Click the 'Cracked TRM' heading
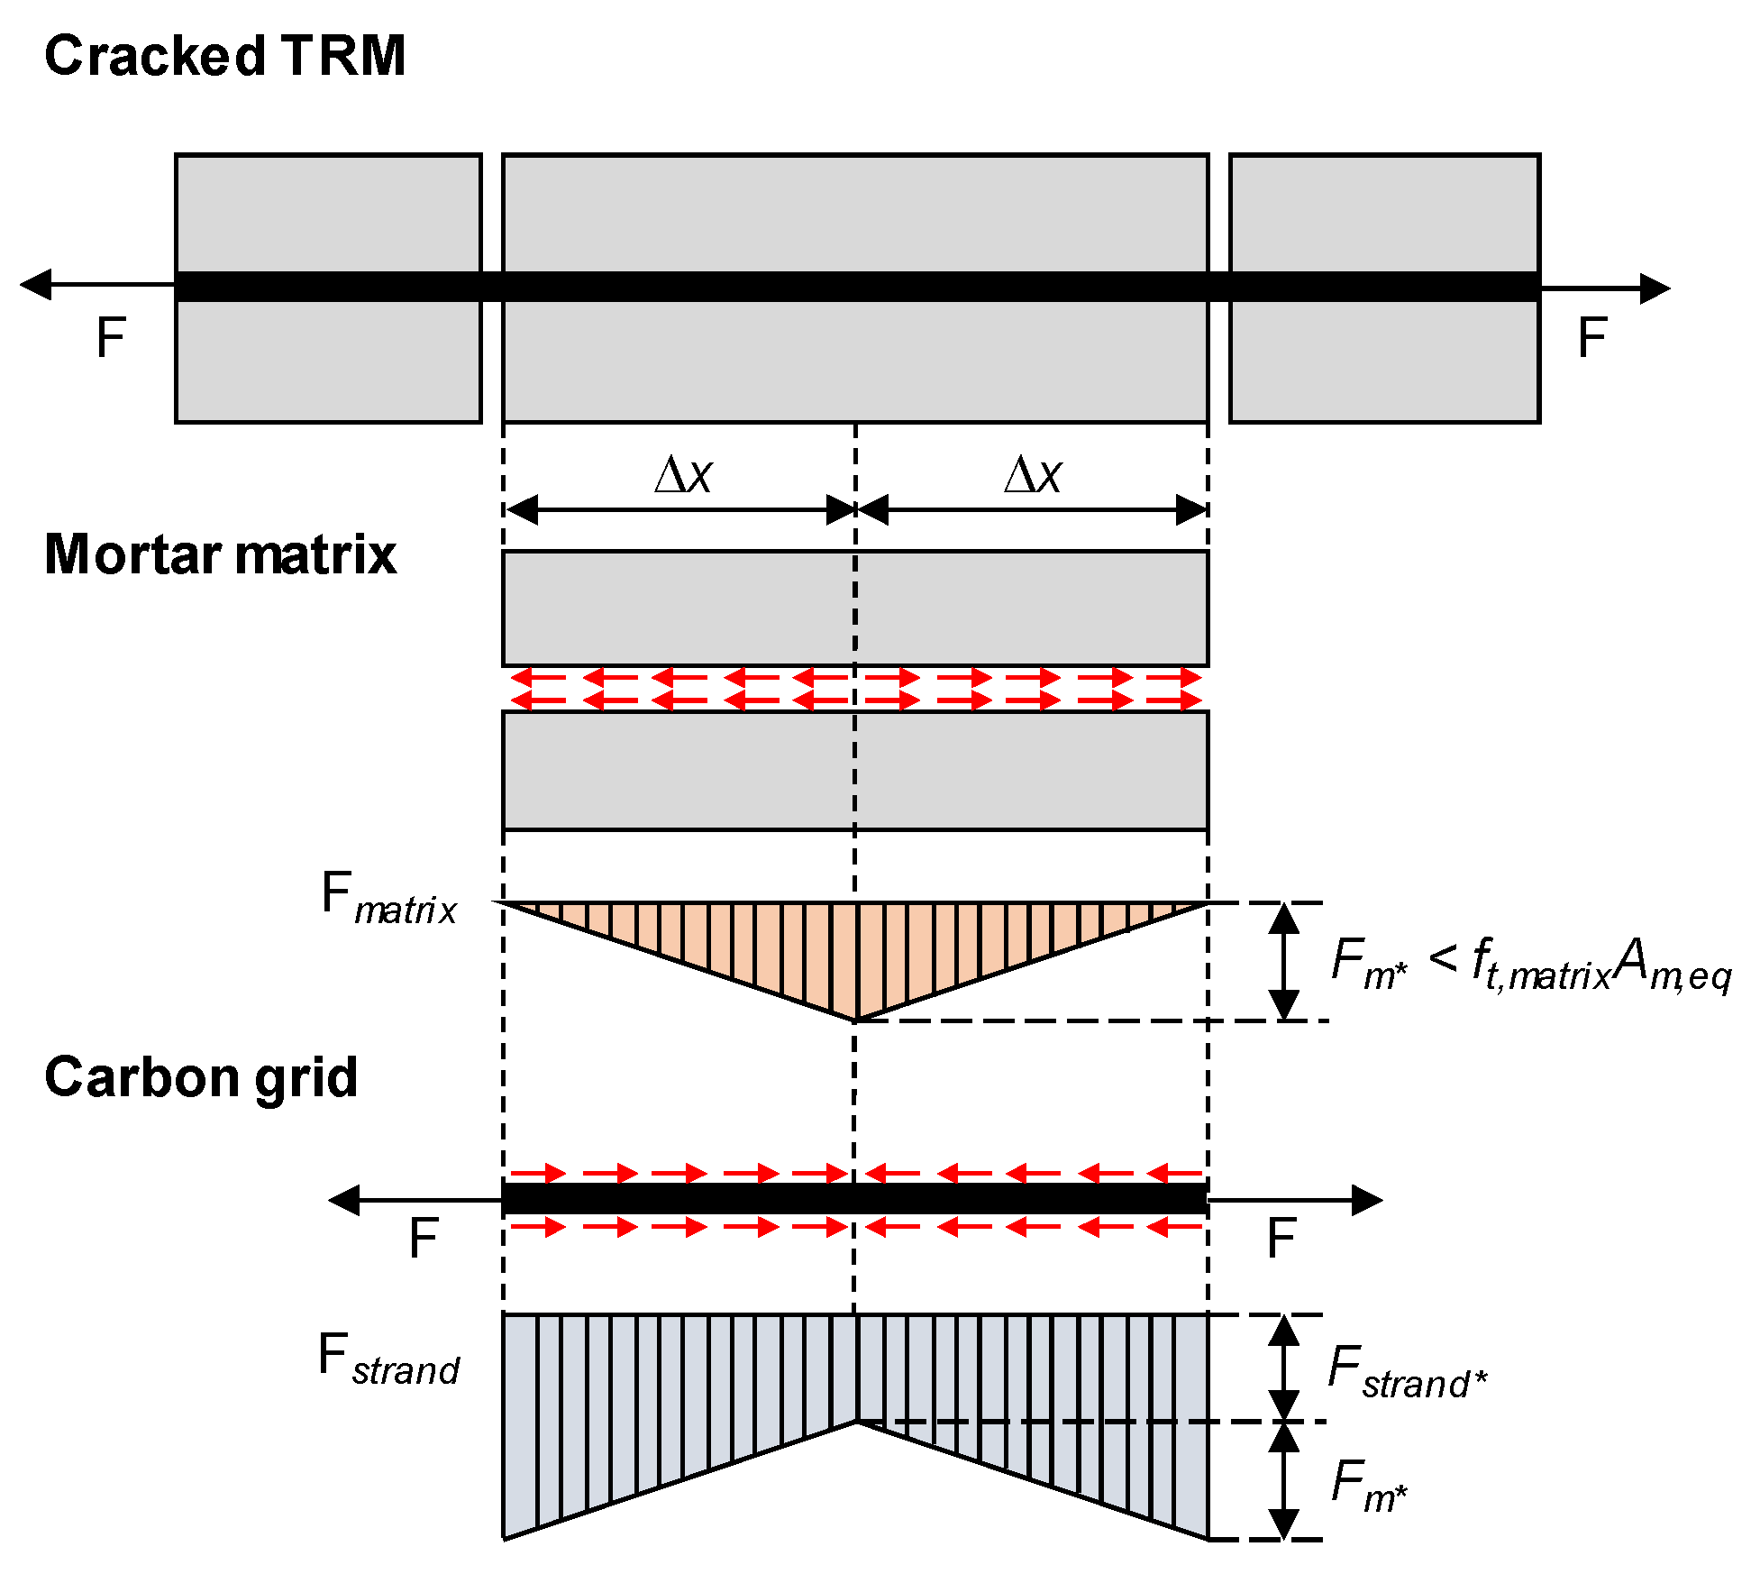coord(224,56)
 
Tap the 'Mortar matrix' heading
coord(220,554)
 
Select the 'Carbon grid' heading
coord(201,1077)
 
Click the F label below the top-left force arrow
coord(110,339)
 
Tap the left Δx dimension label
coord(683,475)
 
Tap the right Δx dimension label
coord(1033,475)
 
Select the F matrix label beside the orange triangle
coord(388,898)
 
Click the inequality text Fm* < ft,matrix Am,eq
coord(1530,964)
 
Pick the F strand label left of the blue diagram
coord(388,1359)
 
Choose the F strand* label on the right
coord(1407,1372)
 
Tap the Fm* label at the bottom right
coord(1368,1486)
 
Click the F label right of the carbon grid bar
coord(1281,1239)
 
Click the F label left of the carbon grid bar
coord(423,1239)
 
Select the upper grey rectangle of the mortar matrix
coord(855,609)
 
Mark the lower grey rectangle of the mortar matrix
coord(855,771)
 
